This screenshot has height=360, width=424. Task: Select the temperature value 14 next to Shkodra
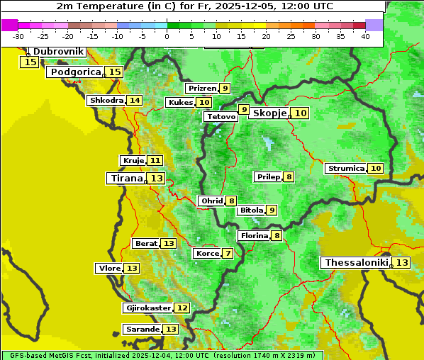[135, 101]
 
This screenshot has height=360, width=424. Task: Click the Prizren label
[202, 89]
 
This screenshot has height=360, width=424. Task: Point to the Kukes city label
[180, 103]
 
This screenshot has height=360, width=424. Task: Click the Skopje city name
[269, 113]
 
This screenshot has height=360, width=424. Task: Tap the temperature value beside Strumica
[375, 169]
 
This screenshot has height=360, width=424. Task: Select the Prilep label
[268, 176]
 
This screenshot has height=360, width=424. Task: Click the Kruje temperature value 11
[155, 161]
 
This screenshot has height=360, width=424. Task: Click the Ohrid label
[211, 201]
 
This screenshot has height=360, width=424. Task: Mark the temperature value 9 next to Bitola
[272, 210]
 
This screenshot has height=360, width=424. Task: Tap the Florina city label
[254, 235]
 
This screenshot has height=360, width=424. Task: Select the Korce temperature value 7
[228, 254]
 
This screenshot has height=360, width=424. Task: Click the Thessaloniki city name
[356, 263]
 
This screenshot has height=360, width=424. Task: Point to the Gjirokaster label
[147, 308]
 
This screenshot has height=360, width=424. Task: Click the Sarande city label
[142, 330]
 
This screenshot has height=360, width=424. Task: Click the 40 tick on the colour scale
[365, 36]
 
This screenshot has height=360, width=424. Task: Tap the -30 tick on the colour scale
[18, 36]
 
